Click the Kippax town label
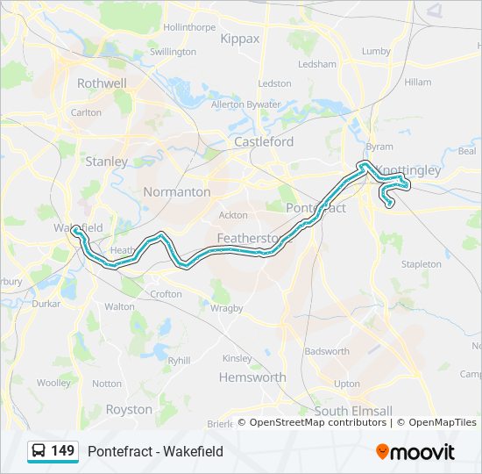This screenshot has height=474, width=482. pos(240,39)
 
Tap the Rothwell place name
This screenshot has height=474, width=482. pos(103,83)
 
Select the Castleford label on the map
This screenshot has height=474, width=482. pos(264,141)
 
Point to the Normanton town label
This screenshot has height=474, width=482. pos(178,191)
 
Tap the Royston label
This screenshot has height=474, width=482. pos(129,409)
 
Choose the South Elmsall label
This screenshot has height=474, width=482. pos(353,411)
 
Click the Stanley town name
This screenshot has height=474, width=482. pos(107,162)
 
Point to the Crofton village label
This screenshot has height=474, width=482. pos(167,295)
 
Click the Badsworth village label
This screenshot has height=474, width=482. pos(327,351)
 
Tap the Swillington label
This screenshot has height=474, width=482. pos(174,52)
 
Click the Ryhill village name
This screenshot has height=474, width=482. pos(179,360)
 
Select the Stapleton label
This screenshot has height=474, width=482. pos(422,263)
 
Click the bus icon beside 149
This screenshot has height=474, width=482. pos(39,451)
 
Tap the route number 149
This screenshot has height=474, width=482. pos(62,451)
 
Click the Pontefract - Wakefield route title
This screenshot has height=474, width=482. pos(155,452)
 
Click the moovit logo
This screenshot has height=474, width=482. pos(415,452)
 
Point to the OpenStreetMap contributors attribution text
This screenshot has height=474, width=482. pos(317,422)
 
